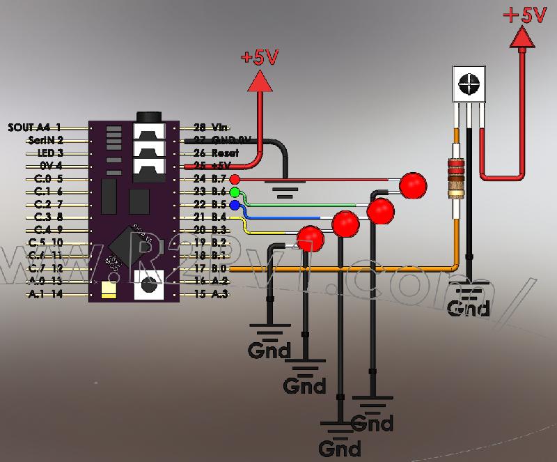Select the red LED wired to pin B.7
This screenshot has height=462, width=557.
pos(414,185)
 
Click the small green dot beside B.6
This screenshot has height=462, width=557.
pos(235,192)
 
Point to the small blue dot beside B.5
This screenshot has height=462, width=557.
pos(235,205)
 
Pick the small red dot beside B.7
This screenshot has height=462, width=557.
pos(235,179)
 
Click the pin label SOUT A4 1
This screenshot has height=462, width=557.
pos(35,128)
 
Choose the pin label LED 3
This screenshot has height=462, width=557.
pos(49,153)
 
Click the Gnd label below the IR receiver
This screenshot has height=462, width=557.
pos(468,307)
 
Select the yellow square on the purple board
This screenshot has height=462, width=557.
pos(108,289)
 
